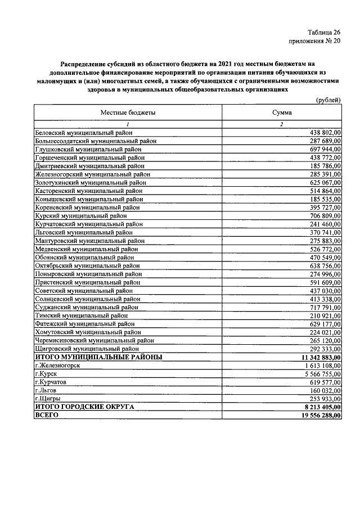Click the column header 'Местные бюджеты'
128,112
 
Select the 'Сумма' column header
281,112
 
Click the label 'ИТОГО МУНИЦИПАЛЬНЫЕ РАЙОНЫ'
98,357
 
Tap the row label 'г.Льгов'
46,390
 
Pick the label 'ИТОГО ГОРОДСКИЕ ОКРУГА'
84,407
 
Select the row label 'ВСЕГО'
47,415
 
